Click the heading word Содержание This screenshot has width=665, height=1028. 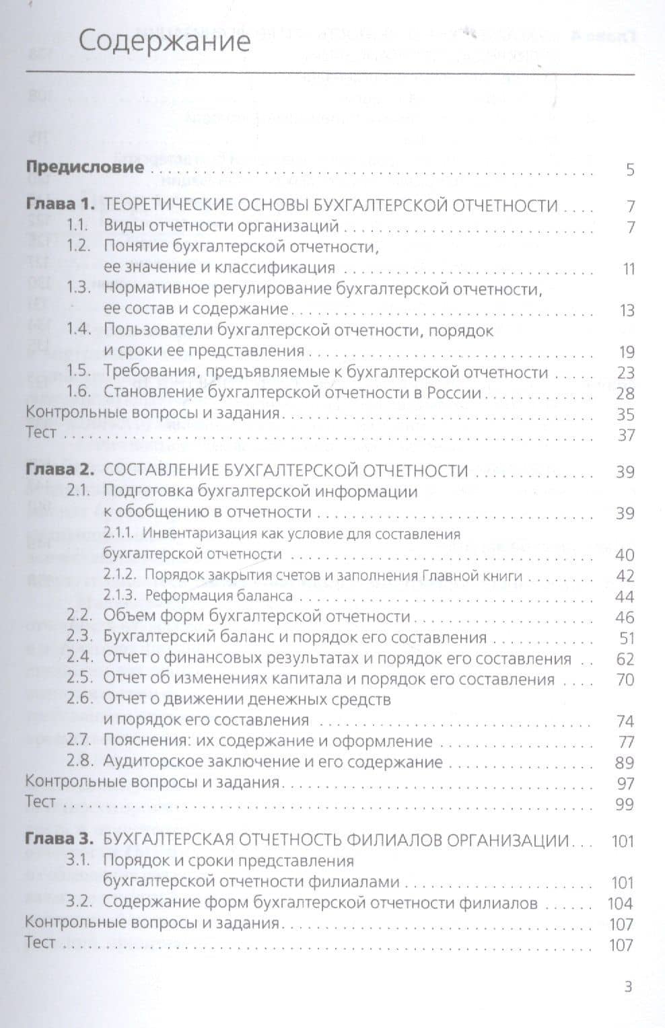(x=164, y=42)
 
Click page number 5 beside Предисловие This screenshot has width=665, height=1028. (x=630, y=170)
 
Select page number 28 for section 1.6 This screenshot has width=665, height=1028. (x=625, y=394)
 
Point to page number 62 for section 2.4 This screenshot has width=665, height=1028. (x=625, y=659)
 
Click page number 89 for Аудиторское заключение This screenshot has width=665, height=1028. (x=625, y=763)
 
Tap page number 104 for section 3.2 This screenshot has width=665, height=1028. (x=621, y=904)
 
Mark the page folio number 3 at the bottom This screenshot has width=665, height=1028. (x=629, y=987)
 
